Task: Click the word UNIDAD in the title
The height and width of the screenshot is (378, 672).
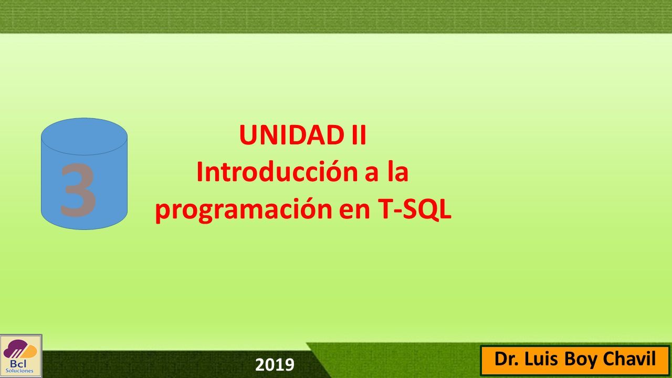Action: tap(291, 135)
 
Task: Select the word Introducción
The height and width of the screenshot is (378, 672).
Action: tap(277, 172)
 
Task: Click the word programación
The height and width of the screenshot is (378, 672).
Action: tap(243, 210)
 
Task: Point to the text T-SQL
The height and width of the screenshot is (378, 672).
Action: tap(414, 209)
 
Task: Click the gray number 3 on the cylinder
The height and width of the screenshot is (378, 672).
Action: tap(78, 190)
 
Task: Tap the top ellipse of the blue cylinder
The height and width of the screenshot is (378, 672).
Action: tap(85, 136)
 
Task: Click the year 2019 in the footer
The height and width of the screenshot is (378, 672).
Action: tap(275, 365)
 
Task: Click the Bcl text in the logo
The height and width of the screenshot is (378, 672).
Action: tap(18, 364)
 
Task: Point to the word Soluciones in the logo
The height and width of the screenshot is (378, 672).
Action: tap(19, 371)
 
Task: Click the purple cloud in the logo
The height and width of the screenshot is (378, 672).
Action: tap(14, 351)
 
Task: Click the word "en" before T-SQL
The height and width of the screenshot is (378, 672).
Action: tap(354, 211)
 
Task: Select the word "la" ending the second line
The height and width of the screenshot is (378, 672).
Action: tap(398, 171)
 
